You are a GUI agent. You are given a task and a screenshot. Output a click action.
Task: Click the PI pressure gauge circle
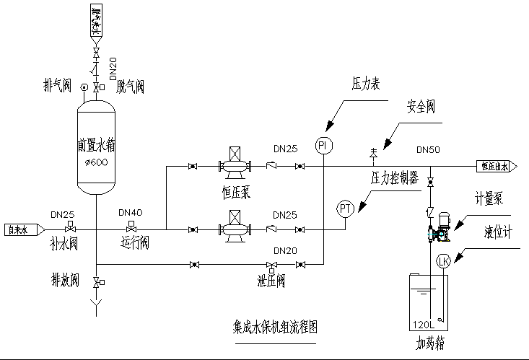click(x=323, y=146)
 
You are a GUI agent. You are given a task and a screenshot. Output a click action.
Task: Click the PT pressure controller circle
click(x=346, y=208)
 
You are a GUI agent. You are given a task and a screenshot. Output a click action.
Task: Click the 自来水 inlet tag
click(x=19, y=230)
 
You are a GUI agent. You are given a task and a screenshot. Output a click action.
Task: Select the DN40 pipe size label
click(x=131, y=214)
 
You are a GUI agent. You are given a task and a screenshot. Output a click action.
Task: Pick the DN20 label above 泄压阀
click(x=284, y=250)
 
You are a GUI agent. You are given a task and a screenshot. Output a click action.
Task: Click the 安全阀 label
click(x=420, y=107)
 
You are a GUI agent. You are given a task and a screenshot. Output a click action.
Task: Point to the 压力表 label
click(x=366, y=84)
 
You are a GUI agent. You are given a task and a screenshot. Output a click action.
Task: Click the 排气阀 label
click(x=58, y=87)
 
